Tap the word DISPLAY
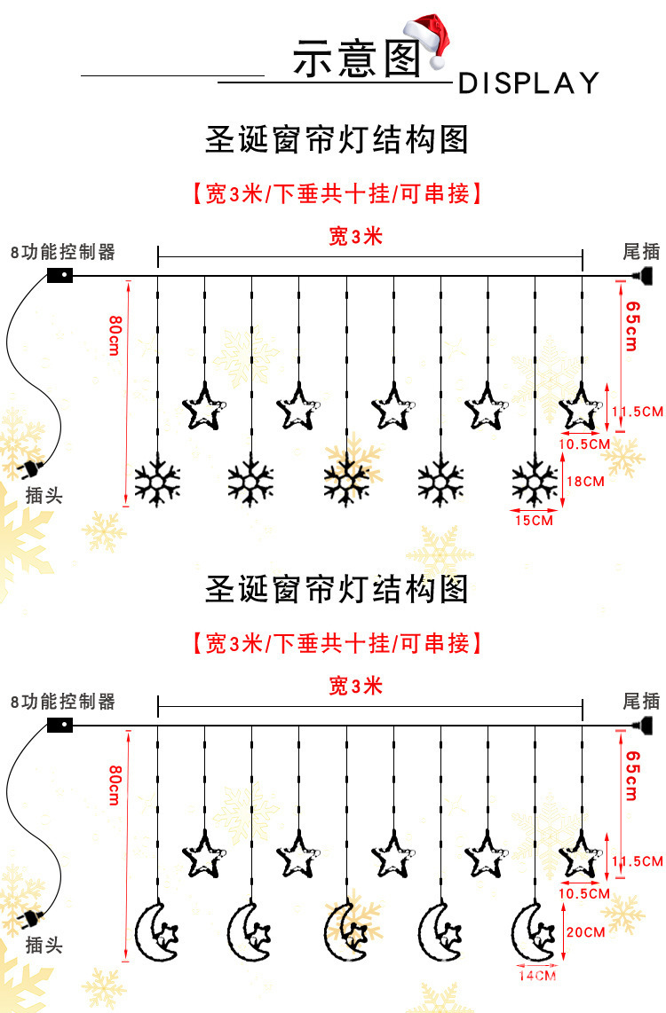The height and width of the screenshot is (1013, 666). (x=528, y=83)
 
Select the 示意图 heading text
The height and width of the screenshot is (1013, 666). (x=355, y=60)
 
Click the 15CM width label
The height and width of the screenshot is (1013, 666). (x=534, y=521)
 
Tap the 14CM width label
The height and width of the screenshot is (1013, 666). (x=536, y=976)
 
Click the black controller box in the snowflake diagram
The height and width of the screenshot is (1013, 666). (x=59, y=275)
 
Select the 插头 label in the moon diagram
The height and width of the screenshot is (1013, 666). (x=44, y=946)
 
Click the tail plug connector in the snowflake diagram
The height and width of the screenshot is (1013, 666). (x=646, y=275)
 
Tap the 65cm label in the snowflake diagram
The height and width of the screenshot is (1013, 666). (x=631, y=326)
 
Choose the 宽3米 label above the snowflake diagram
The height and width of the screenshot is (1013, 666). (x=355, y=237)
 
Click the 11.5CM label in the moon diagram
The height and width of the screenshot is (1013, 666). (x=638, y=861)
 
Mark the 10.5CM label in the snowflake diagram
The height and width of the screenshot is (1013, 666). (x=584, y=443)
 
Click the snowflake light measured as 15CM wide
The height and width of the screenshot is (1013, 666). (x=535, y=482)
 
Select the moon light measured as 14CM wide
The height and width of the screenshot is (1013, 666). (x=535, y=933)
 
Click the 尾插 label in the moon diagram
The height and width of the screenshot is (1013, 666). (x=641, y=702)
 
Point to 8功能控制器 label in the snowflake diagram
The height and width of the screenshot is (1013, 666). (x=63, y=252)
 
